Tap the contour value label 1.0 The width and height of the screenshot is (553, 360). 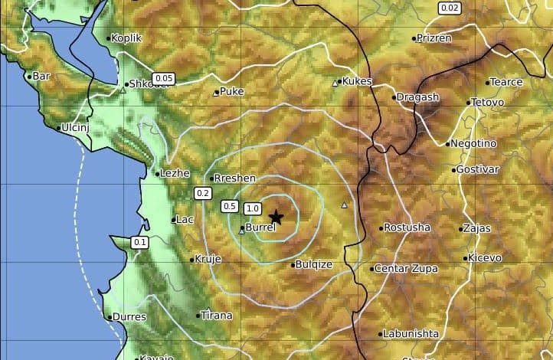(x=253, y=208)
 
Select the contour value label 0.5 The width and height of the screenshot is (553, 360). (x=229, y=206)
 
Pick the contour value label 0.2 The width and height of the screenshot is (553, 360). (x=203, y=193)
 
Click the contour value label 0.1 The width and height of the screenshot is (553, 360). (x=140, y=243)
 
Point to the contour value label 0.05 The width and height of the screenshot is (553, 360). (x=163, y=78)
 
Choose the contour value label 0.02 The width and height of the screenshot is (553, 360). (x=450, y=8)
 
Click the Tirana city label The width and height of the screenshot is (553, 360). (x=215, y=315)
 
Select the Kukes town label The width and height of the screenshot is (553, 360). (x=356, y=81)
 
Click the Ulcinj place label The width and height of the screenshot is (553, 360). (x=75, y=127)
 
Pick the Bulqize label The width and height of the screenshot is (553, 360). (x=315, y=265)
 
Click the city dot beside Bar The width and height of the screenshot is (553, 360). (x=30, y=76)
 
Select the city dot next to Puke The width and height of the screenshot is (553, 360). (x=217, y=93)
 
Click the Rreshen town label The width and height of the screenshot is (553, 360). (x=235, y=178)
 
